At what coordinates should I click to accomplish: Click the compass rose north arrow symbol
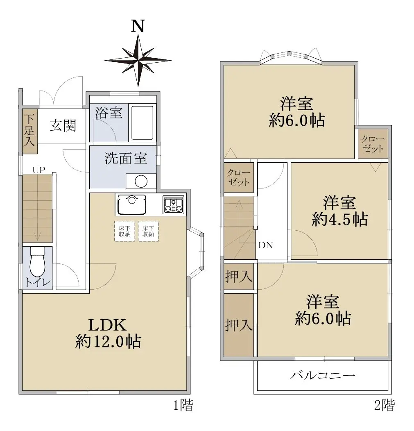pyautogui.click(x=138, y=61)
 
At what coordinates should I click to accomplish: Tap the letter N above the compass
pyautogui.click(x=138, y=26)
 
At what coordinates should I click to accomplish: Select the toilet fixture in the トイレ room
pyautogui.click(x=37, y=261)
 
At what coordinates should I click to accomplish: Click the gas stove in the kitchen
pyautogui.click(x=173, y=205)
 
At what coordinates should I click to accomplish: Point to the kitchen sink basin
pyautogui.click(x=132, y=204)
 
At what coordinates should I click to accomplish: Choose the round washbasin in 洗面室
pyautogui.click(x=141, y=181)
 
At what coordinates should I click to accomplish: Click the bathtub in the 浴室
pyautogui.click(x=142, y=123)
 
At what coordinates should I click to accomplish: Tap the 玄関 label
pyautogui.click(x=63, y=126)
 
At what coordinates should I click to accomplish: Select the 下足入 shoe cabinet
pyautogui.click(x=29, y=131)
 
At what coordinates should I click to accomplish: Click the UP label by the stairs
pyautogui.click(x=39, y=170)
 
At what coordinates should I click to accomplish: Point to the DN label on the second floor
pyautogui.click(x=266, y=245)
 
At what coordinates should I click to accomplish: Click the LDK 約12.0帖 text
pyautogui.click(x=108, y=333)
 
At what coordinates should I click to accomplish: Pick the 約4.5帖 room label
pyautogui.click(x=340, y=219)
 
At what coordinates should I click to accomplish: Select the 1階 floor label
pyautogui.click(x=183, y=405)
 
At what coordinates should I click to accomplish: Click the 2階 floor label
pyautogui.click(x=385, y=405)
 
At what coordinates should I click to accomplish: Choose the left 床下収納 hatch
pyautogui.click(x=125, y=231)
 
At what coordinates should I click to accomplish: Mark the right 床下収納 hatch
pyautogui.click(x=148, y=231)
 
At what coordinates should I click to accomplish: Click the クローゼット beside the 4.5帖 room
pyautogui.click(x=373, y=143)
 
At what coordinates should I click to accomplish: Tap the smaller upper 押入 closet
pyautogui.click(x=239, y=277)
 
